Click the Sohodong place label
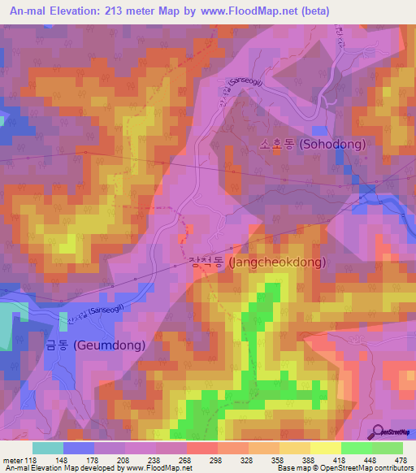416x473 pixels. [312, 144]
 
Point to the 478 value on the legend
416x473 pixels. [401, 459]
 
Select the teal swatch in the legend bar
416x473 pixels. [48, 448]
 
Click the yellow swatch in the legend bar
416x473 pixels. [325, 448]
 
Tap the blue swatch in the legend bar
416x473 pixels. [79, 448]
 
